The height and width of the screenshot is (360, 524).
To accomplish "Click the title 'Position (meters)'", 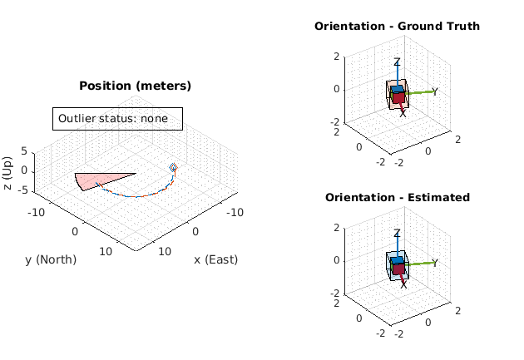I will tap(135, 86).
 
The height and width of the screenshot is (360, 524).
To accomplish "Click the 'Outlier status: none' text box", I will tap(116, 119).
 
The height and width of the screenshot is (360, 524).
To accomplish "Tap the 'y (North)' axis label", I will tap(51, 259).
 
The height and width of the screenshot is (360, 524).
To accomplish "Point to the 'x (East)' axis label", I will tap(215, 259).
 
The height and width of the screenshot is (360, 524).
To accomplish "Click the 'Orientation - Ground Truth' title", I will tap(397, 26).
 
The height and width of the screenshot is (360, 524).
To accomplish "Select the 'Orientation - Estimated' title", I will tap(397, 197).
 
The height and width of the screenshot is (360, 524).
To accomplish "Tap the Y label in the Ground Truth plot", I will tap(435, 91).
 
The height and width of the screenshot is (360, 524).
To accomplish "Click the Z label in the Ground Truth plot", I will tap(398, 62).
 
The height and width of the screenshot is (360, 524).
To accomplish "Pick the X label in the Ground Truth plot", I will tap(403, 112).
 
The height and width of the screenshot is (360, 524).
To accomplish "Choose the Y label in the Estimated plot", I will tap(435, 263).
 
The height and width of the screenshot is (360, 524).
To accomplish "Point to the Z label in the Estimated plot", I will tap(398, 234).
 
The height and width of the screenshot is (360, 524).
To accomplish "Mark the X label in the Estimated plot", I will tap(403, 284).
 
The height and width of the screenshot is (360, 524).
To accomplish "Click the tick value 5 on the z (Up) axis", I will tap(23, 151).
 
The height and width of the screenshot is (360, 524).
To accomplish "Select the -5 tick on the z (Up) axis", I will tap(22, 190).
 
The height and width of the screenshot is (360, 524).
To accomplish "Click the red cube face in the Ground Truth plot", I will tap(398, 98).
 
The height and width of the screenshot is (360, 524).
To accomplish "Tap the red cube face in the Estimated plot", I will tap(398, 269).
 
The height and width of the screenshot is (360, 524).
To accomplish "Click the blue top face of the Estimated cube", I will tap(398, 261).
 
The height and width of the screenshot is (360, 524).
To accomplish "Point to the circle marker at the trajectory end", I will tap(174, 167).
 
